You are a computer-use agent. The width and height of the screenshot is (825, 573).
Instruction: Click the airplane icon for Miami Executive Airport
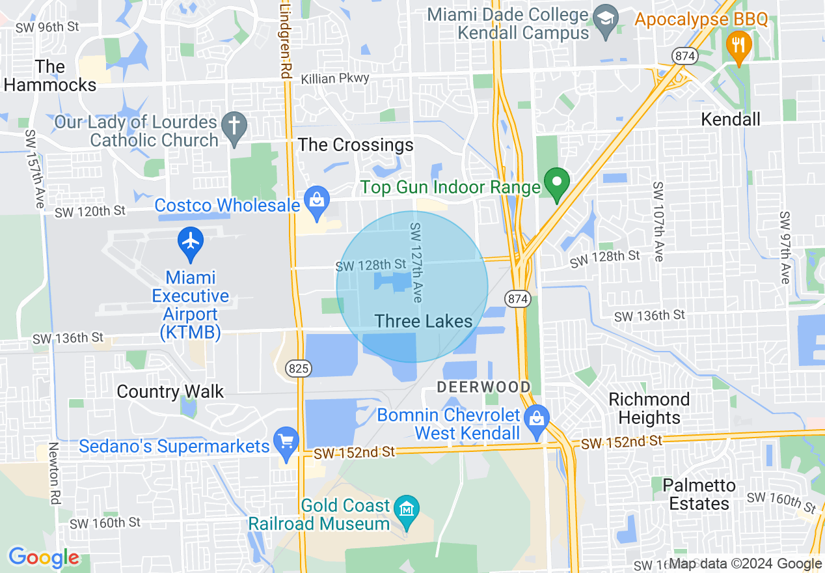(x=191, y=242)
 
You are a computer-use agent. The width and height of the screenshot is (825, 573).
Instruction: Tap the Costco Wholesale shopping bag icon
(x=317, y=203)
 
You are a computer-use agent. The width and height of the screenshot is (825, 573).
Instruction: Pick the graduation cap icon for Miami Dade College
(x=606, y=16)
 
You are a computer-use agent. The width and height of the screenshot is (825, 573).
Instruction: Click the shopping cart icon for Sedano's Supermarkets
(x=285, y=442)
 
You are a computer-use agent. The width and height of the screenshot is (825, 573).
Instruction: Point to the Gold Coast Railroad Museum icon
(x=407, y=507)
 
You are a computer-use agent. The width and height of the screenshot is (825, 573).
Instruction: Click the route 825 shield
(x=299, y=369)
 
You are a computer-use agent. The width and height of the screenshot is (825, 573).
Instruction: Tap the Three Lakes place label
(x=424, y=321)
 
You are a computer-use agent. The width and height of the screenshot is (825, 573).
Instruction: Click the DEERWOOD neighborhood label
(x=483, y=387)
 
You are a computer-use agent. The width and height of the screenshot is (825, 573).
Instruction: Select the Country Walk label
(x=170, y=391)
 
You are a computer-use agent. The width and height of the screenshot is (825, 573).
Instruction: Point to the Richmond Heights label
(x=649, y=408)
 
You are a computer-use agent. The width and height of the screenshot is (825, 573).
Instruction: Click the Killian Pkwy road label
(x=335, y=79)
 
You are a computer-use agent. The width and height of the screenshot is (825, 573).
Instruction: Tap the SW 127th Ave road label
(x=416, y=262)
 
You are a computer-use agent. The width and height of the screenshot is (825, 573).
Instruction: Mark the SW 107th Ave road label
(x=658, y=221)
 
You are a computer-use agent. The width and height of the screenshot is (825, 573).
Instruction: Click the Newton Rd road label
(x=54, y=473)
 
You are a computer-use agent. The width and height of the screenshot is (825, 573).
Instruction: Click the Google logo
(x=44, y=557)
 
